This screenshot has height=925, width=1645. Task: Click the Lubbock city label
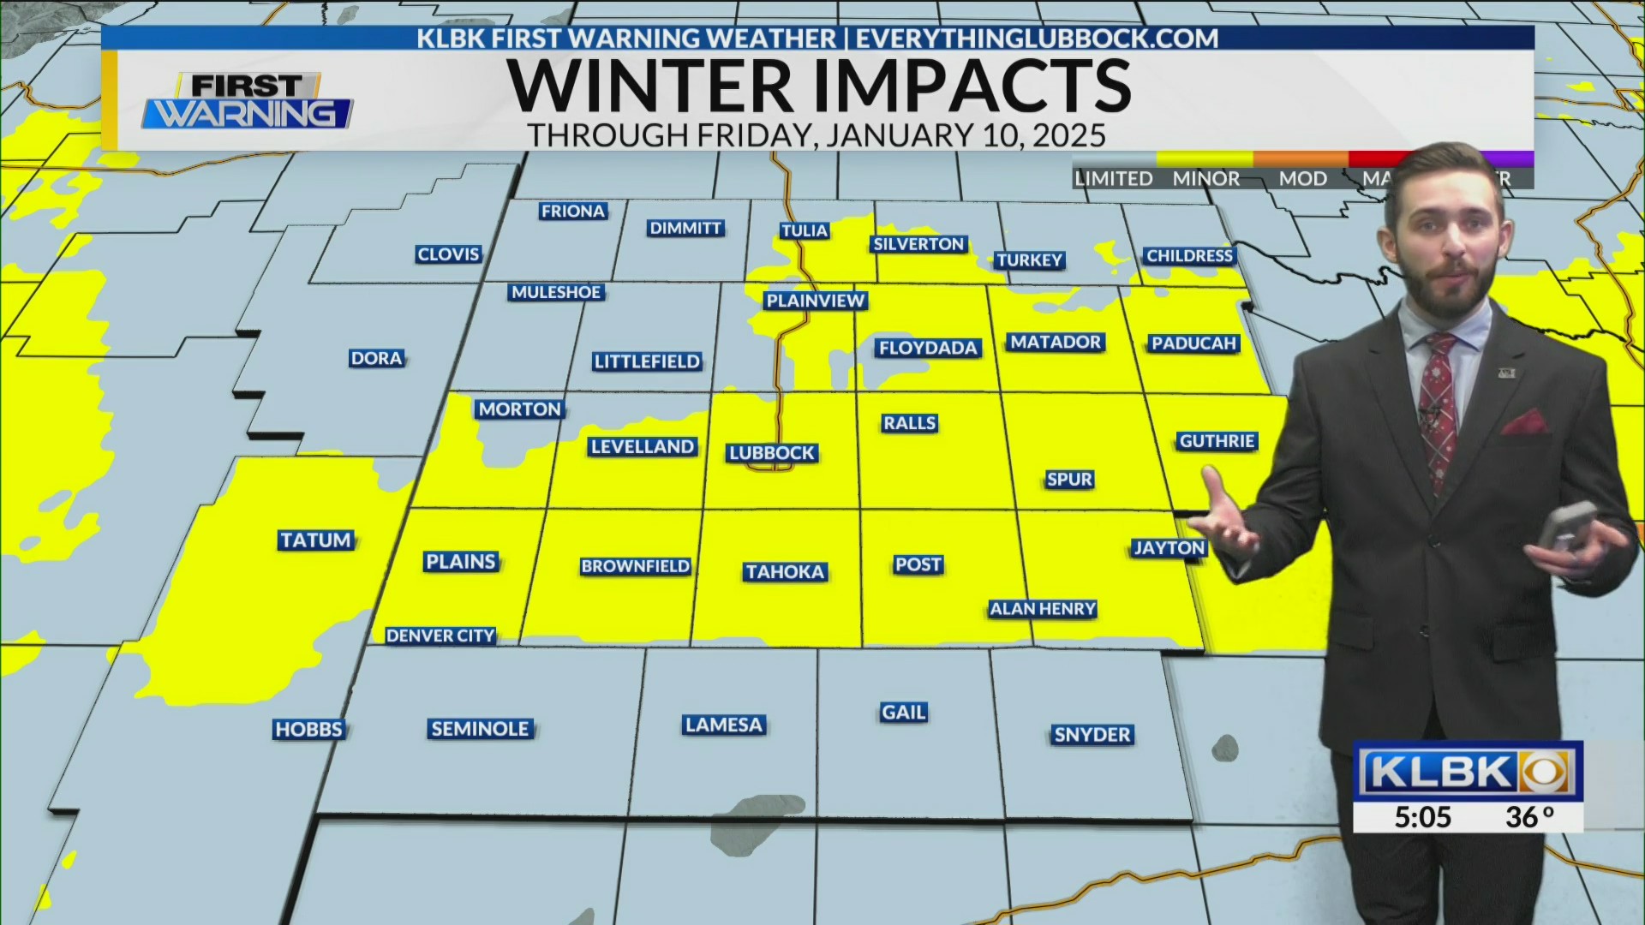772,453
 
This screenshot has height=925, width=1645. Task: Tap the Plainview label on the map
816,301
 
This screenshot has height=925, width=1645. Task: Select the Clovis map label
448,254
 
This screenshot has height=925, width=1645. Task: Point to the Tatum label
315,540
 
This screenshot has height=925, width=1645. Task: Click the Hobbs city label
308,730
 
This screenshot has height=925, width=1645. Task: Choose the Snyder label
1092,735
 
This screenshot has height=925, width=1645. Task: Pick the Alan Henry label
1043,609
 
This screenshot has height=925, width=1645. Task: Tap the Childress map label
1189,256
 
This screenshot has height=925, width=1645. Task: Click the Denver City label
440,636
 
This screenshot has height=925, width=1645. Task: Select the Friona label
573,211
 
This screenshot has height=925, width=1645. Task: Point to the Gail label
903,713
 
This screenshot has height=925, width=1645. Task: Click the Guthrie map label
1217,441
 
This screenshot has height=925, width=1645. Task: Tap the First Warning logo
248,101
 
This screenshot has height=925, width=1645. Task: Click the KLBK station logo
1467,773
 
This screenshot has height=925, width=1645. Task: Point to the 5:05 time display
1422,817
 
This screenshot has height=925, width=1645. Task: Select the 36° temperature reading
1529,817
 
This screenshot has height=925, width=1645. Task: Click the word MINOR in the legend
1205,178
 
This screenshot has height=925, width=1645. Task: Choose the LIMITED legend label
1114,178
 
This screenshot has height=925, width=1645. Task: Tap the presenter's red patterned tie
1437,403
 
